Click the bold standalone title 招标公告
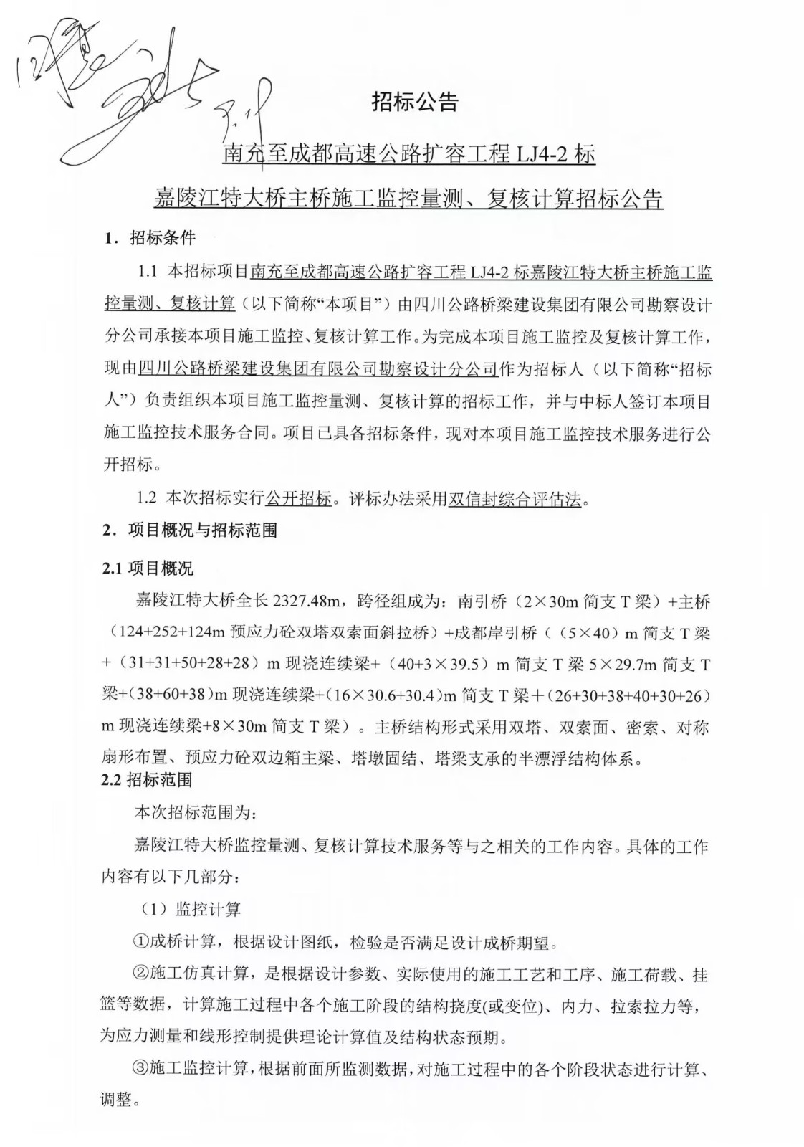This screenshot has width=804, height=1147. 414,103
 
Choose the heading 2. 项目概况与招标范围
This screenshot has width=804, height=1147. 190,530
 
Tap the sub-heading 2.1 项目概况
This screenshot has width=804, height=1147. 148,568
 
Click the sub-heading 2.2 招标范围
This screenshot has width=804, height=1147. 147,779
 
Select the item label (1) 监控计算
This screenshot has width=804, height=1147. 190,909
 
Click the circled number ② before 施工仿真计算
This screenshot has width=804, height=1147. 141,974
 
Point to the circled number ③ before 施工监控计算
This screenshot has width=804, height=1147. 141,1069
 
